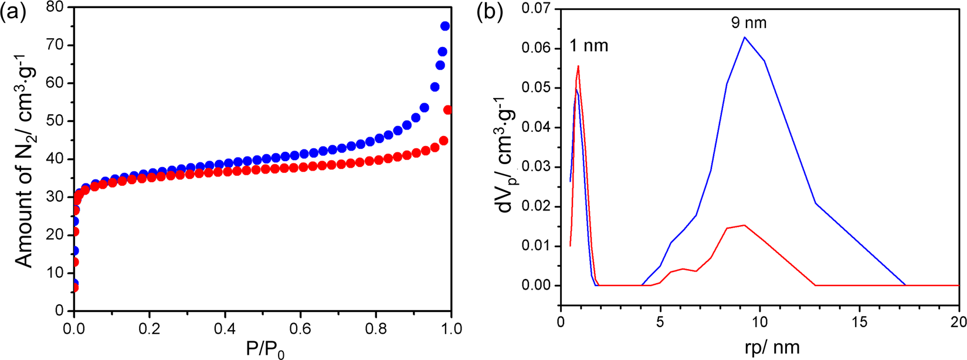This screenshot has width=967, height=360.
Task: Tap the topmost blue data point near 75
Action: [445, 26]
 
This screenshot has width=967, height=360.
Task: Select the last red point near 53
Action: [448, 110]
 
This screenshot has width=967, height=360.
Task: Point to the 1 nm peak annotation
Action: [589, 46]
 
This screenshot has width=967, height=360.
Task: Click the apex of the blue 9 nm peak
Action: [745, 38]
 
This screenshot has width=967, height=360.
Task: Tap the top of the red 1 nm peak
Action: [578, 66]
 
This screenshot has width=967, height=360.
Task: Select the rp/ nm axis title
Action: [761, 347]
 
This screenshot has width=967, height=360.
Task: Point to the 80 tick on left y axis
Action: [52, 8]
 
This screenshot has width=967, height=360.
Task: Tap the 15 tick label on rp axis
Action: [859, 323]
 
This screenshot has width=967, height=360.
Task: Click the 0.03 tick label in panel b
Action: [537, 167]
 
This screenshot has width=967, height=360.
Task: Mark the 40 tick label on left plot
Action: [52, 159]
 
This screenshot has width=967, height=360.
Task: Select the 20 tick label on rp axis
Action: [958, 323]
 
